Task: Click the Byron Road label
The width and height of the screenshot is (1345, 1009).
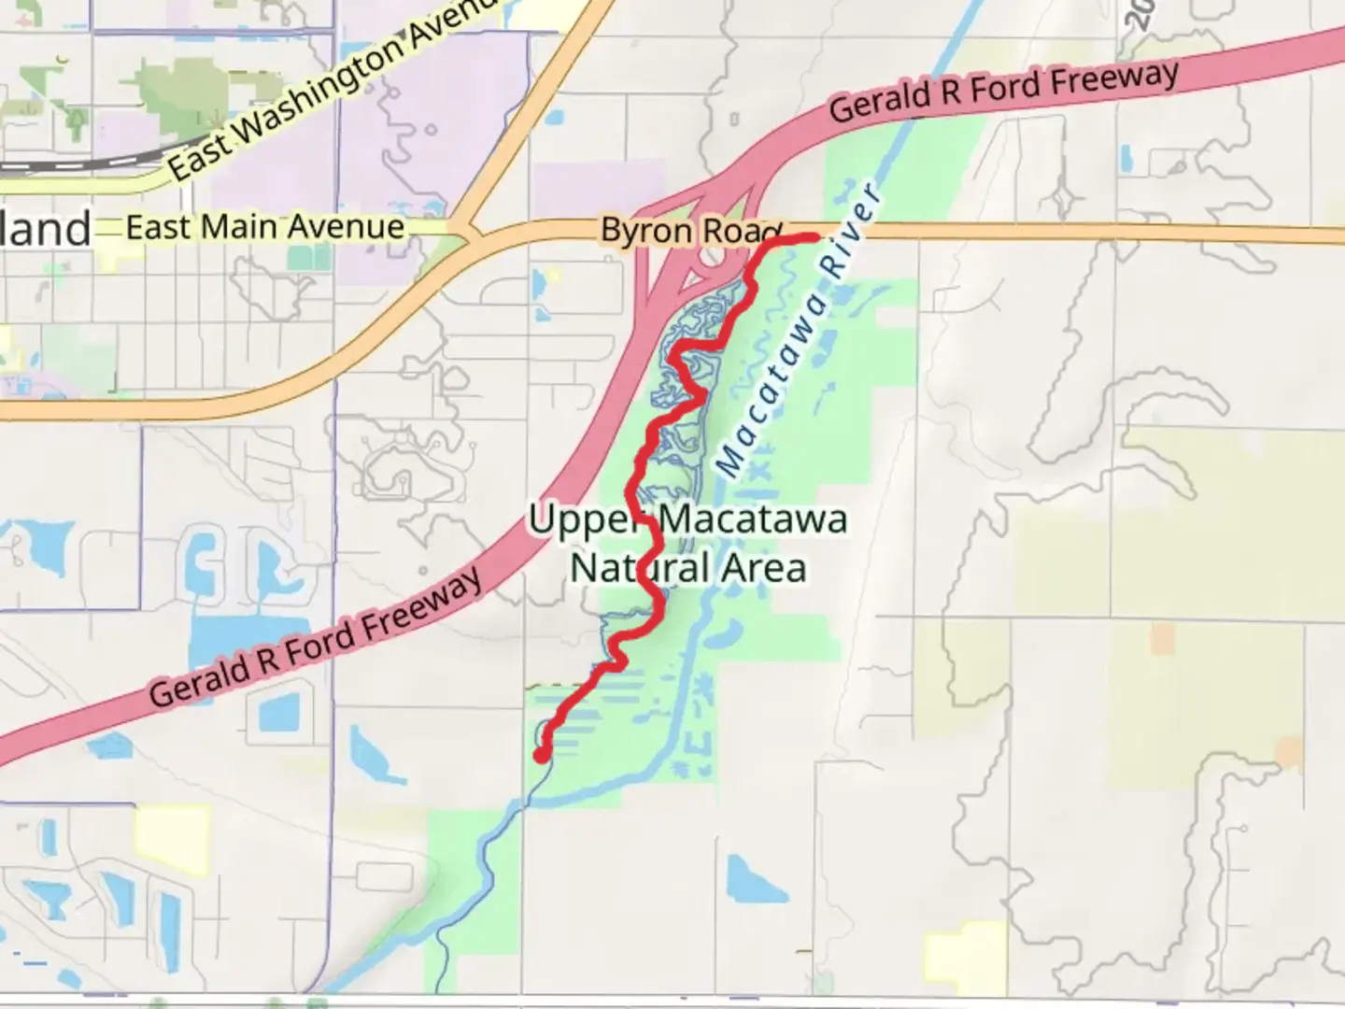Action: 691,231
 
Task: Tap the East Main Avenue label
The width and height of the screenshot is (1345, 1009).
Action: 265,227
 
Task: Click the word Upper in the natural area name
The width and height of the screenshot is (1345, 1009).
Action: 583,519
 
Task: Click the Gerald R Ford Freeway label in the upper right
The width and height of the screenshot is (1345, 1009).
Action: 1004,91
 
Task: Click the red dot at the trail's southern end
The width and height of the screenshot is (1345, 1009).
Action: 541,755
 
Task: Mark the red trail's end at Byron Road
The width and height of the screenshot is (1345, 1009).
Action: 814,238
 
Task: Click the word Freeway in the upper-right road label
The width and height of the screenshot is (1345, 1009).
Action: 1113,78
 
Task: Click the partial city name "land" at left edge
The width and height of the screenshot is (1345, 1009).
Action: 45,230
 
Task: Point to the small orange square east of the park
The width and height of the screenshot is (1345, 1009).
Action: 1162,639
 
